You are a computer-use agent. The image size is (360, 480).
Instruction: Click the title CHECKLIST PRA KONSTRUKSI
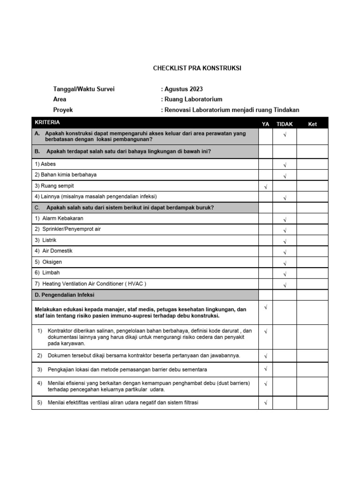point(197,68)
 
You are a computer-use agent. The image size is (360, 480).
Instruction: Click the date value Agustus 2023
point(183,89)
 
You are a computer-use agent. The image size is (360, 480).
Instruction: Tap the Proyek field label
point(63,110)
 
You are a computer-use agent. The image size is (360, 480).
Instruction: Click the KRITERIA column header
point(47,122)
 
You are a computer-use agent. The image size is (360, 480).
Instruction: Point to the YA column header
point(265,124)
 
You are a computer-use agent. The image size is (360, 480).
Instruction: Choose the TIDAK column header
point(285,124)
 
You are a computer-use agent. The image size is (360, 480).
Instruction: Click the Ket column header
point(312,124)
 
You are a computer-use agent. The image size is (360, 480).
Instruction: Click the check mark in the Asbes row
point(285,165)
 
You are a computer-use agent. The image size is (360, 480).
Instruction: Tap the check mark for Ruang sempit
point(265,187)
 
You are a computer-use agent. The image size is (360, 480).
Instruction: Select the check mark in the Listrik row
point(285,241)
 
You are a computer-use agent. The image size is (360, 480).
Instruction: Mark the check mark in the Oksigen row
point(285,263)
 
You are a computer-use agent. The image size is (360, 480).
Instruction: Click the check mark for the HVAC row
point(285,285)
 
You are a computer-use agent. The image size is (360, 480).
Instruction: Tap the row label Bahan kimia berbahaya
point(66,175)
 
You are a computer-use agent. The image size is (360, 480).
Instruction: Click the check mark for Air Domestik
point(285,252)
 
